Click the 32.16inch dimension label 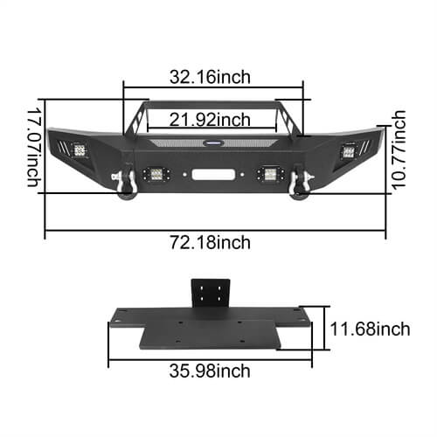pos(213,76)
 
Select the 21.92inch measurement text pos(213,119)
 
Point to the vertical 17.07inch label pos(32,146)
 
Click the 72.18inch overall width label pos(213,242)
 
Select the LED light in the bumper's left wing pos(79,150)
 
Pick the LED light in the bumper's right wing pos(350,150)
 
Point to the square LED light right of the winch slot pos(267,173)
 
